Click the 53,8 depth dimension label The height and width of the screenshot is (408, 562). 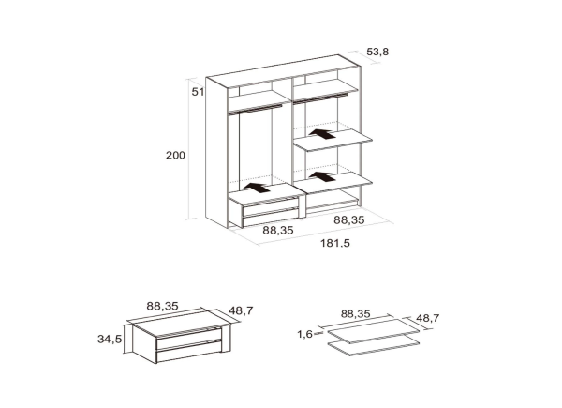(x=377, y=52)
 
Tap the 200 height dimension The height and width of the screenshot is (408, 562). (x=175, y=156)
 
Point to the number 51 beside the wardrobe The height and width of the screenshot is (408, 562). (x=198, y=92)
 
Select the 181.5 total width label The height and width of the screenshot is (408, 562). (x=335, y=243)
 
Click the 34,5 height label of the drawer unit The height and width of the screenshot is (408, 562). (x=110, y=340)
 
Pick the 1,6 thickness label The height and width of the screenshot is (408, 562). (x=304, y=335)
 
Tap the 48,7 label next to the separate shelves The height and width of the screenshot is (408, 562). (x=427, y=318)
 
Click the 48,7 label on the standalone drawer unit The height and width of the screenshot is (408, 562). (x=241, y=310)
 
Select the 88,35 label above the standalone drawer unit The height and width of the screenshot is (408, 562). (x=162, y=306)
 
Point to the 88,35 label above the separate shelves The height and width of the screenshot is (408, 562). (x=356, y=314)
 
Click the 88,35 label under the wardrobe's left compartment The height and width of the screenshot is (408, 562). (x=278, y=231)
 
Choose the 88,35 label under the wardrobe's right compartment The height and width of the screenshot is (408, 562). (x=349, y=220)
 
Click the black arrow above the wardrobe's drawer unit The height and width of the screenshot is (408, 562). (x=257, y=188)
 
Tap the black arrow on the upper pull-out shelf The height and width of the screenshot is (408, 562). (x=322, y=134)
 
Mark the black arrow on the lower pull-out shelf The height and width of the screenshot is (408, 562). (x=322, y=176)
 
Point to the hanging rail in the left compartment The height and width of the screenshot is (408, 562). (x=255, y=109)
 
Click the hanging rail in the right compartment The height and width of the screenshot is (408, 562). (x=320, y=98)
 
